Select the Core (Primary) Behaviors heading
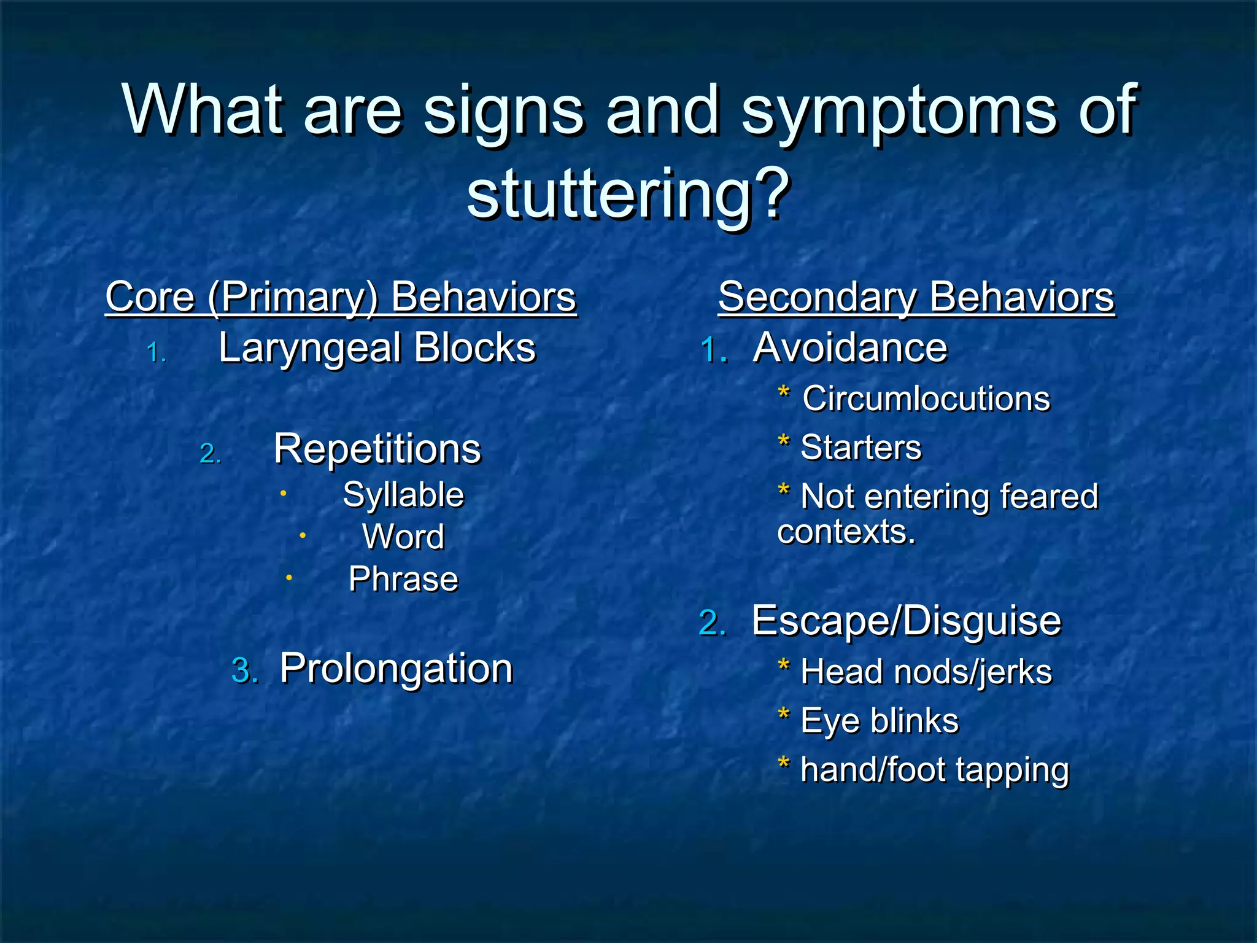341,297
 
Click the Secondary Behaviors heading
916,297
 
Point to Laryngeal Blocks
377,348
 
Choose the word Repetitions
377,449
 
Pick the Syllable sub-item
403,495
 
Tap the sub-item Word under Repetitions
403,537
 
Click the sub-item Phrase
403,579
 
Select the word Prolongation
396,669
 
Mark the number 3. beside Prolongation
244,670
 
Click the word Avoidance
850,348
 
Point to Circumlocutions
926,399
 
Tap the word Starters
861,448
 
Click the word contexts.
846,532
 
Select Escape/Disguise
906,621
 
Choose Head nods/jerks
926,672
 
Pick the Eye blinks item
880,721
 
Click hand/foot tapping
935,770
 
